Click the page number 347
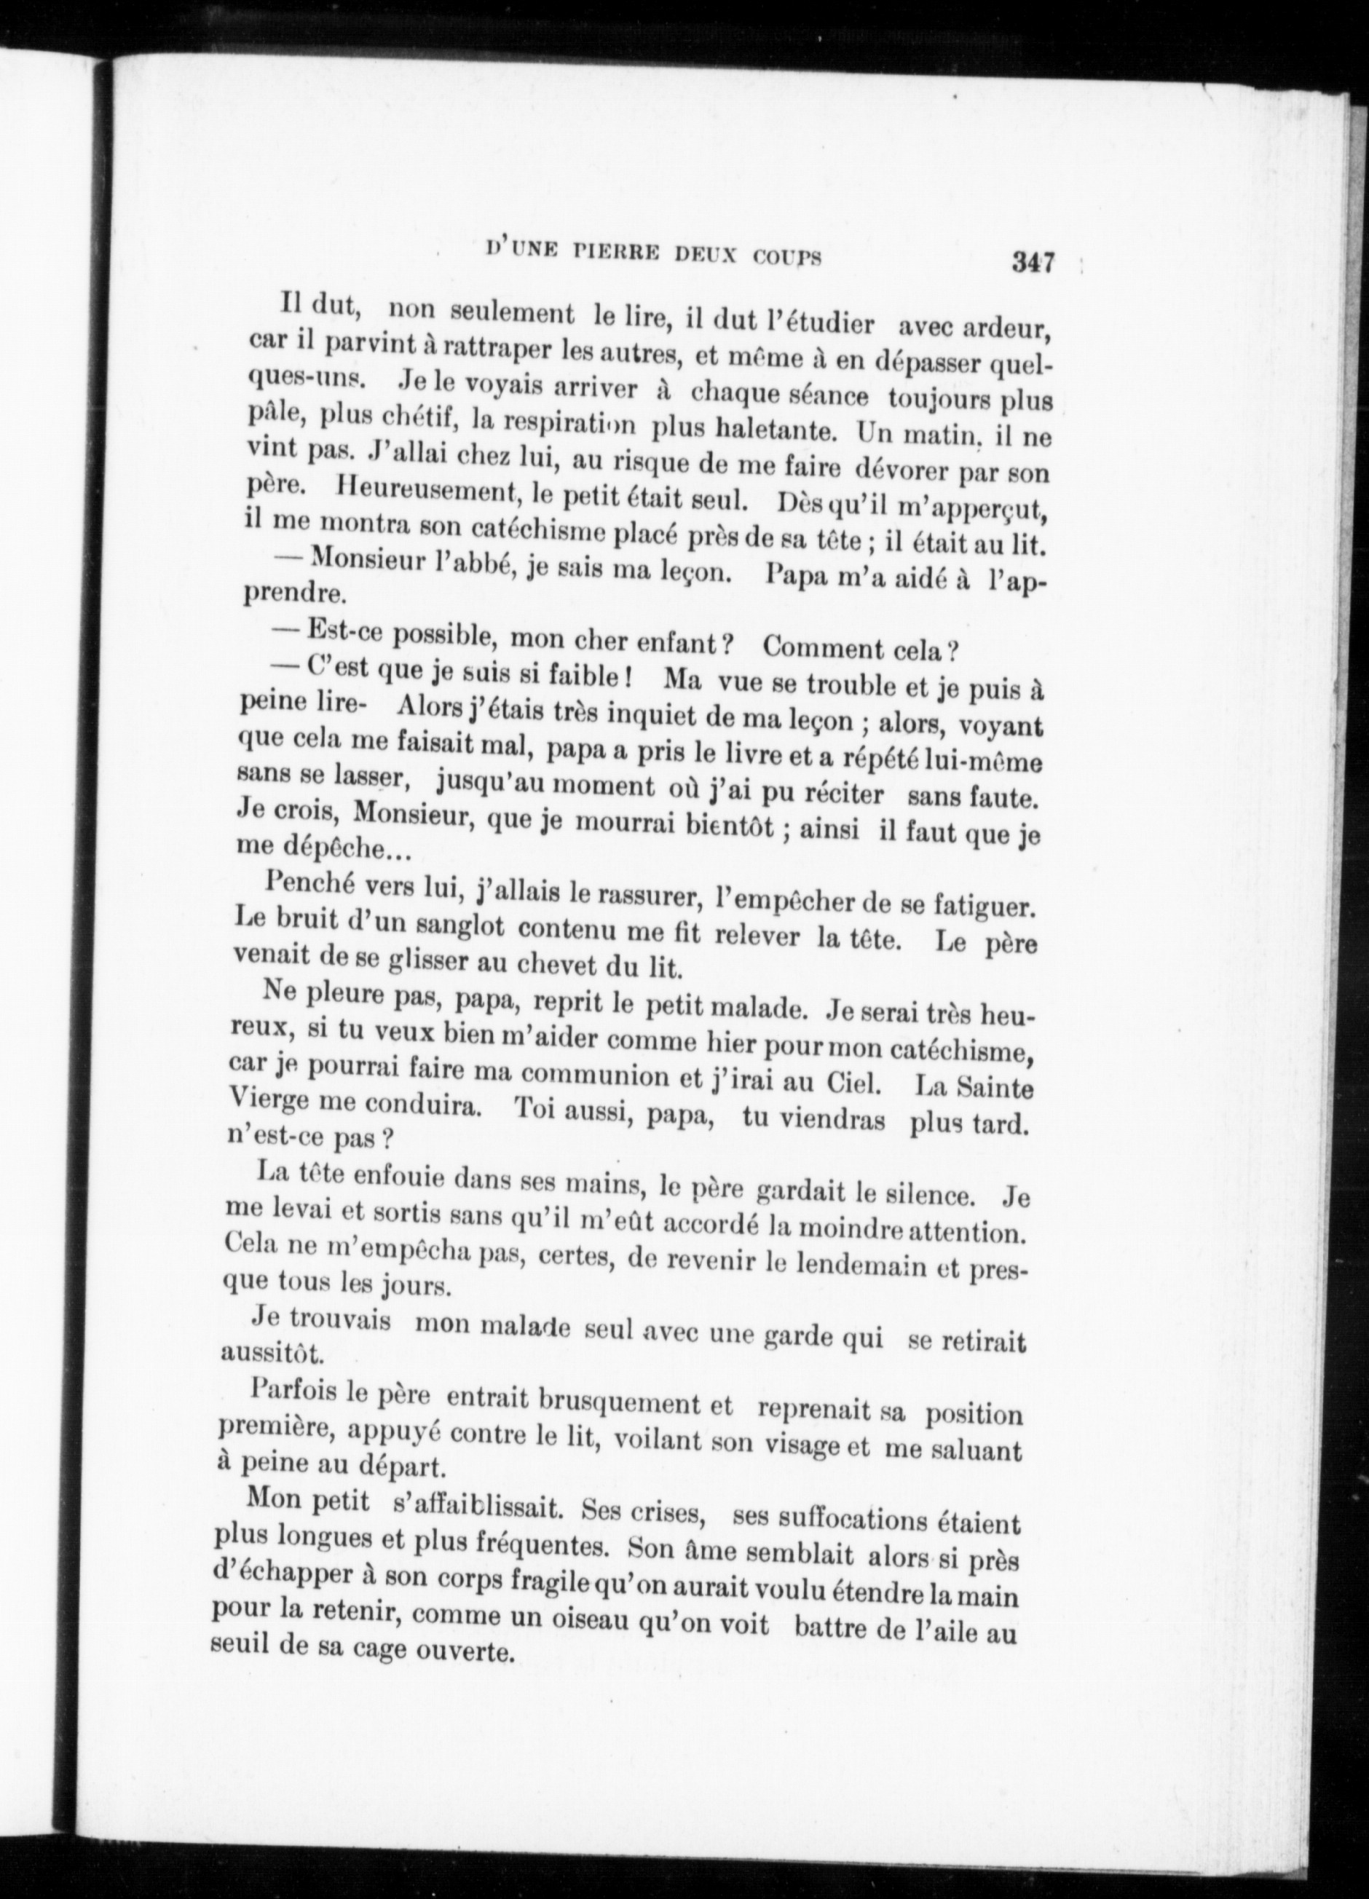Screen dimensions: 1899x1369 [x=1032, y=262]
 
